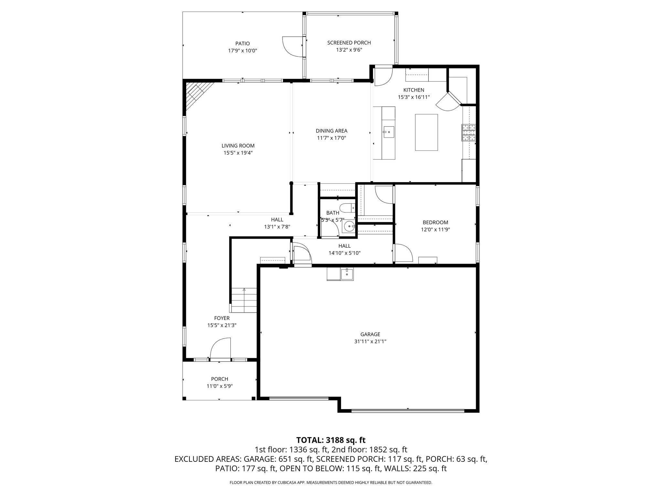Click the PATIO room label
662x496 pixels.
(x=242, y=44)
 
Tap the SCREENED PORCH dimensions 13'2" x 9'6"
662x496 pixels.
(x=349, y=50)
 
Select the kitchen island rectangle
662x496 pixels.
(x=426, y=132)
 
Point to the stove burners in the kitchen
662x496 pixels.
(x=469, y=132)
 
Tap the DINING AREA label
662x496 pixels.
(x=331, y=131)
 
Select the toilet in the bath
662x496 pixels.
(x=347, y=208)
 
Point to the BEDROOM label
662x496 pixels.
(x=435, y=222)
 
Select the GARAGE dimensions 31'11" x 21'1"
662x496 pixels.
(x=370, y=342)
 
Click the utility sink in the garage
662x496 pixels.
(x=347, y=274)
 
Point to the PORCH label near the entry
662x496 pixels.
(x=219, y=379)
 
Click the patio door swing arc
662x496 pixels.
(x=293, y=47)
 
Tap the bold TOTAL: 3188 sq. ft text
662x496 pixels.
(x=331, y=440)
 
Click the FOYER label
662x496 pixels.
(x=222, y=318)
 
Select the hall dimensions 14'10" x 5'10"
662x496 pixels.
(x=344, y=253)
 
